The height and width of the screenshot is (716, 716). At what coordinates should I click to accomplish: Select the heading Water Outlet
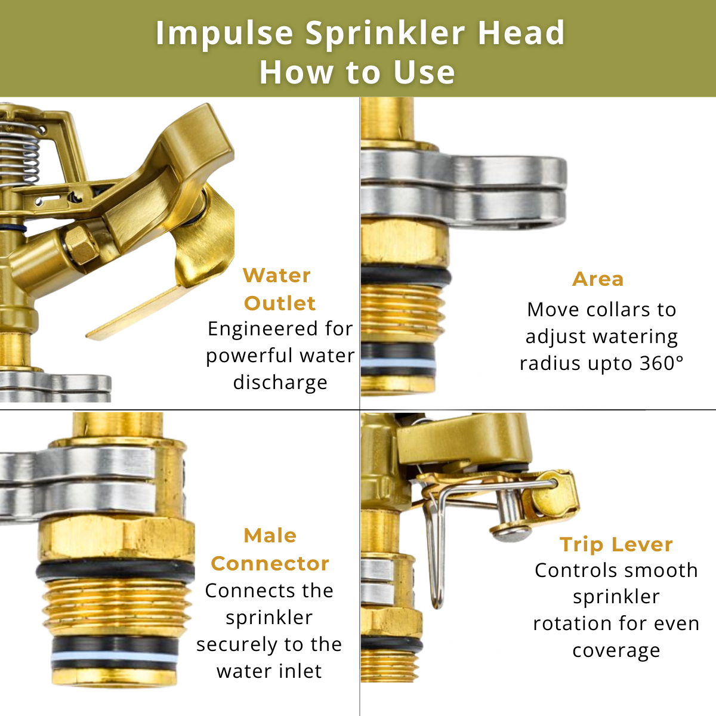click(279, 289)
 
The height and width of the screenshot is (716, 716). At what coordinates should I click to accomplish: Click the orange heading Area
click(597, 279)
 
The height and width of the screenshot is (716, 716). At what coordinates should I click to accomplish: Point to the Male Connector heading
click(270, 549)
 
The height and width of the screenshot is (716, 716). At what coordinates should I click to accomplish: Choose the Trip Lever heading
click(616, 544)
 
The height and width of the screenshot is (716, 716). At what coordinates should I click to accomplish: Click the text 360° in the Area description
click(662, 363)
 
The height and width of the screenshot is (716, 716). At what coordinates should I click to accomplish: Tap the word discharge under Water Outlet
click(280, 382)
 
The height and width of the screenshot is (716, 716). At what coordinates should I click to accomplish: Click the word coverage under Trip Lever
click(616, 650)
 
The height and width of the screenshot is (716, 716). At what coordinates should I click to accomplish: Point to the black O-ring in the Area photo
click(406, 276)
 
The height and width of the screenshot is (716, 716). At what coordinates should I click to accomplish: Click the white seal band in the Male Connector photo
click(115, 657)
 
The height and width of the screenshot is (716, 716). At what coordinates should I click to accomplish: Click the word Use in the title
click(424, 72)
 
